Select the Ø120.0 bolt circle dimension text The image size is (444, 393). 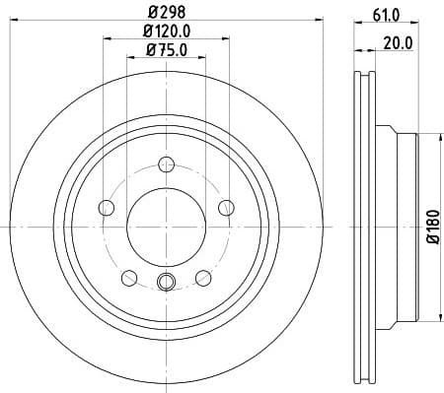click(167, 32)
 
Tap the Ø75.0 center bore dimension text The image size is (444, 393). click(167, 50)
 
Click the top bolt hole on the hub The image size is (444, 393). click(167, 164)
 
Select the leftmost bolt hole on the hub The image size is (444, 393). click(107, 207)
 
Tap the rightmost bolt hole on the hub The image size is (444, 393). click(226, 207)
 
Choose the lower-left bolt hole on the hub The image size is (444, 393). click(129, 277)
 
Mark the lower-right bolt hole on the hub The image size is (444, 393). click(203, 277)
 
